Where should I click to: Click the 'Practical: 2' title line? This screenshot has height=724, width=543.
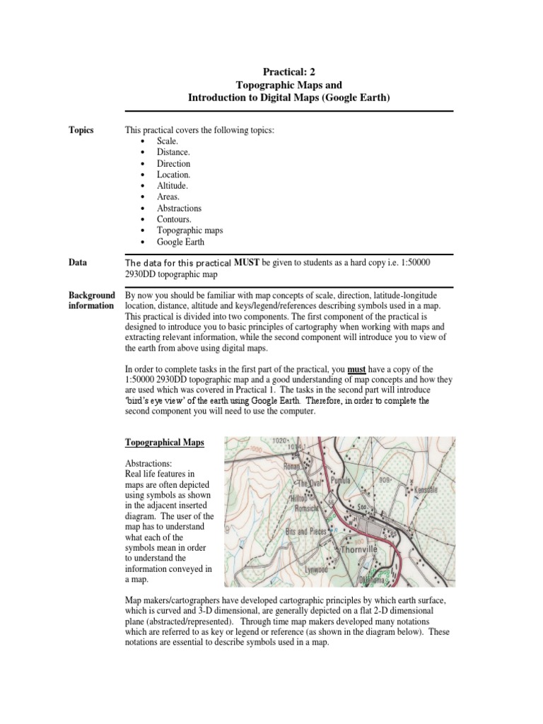pyautogui.click(x=288, y=71)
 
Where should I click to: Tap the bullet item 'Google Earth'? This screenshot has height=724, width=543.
pyautogui.click(x=181, y=242)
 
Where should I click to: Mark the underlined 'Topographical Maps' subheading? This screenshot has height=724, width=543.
pyautogui.click(x=164, y=443)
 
